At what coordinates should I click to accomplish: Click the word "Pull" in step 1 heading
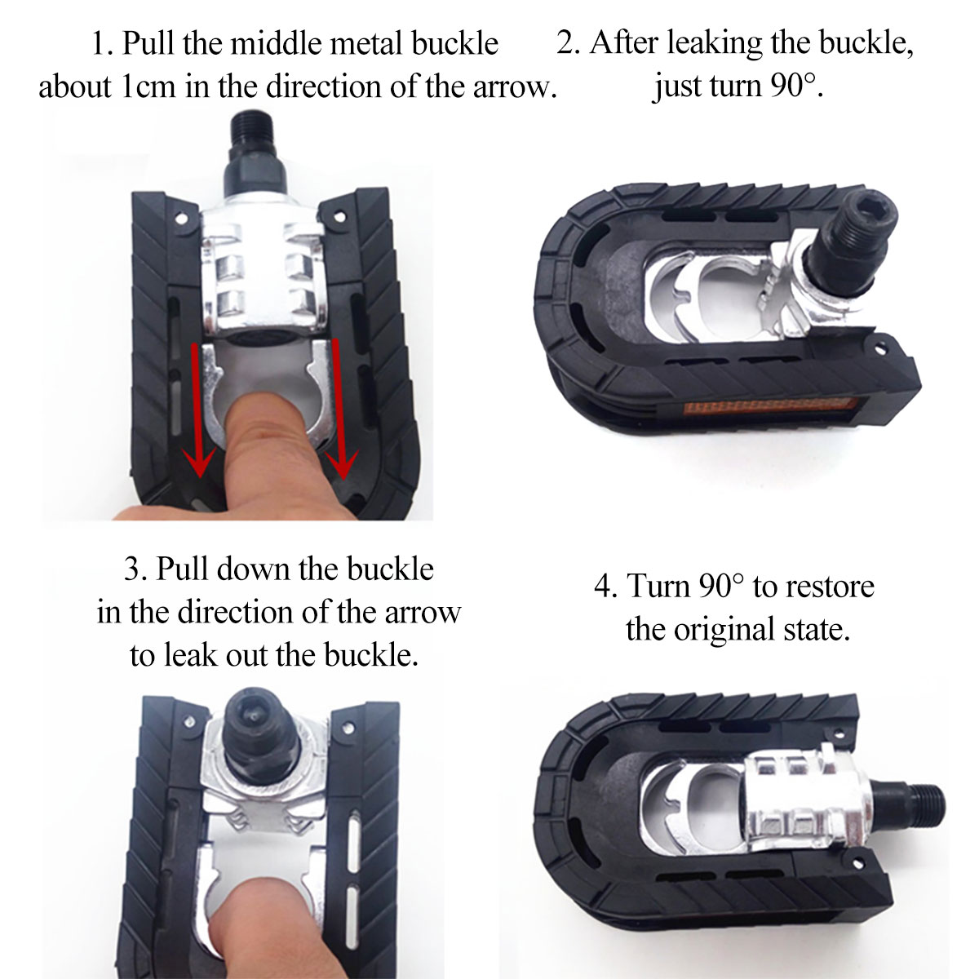point(149,43)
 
